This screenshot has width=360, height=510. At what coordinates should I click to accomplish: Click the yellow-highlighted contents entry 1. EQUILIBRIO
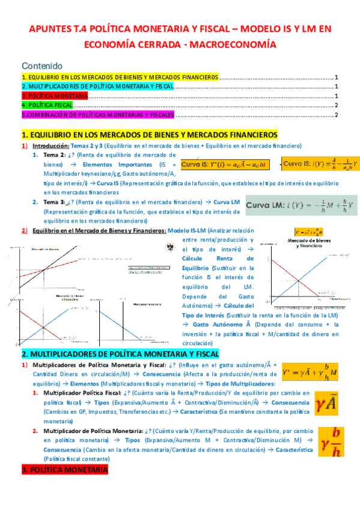click(x=120, y=78)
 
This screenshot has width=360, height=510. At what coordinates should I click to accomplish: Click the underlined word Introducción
click(x=50, y=146)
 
